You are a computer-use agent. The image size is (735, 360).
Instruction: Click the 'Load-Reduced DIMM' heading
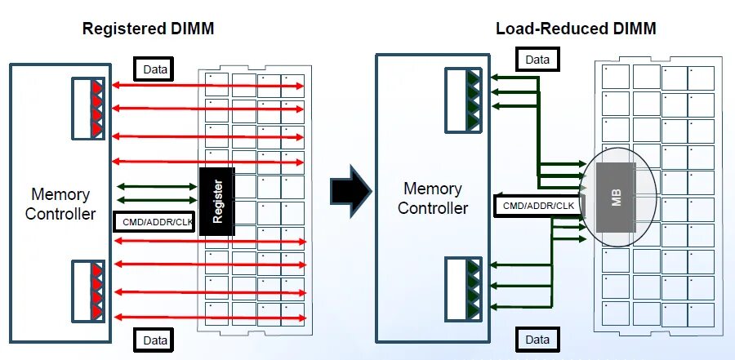point(576,29)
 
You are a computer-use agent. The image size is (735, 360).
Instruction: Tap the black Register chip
point(217,202)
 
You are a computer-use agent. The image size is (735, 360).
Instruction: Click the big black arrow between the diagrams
point(350,190)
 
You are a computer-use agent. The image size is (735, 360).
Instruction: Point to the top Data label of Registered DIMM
point(154,70)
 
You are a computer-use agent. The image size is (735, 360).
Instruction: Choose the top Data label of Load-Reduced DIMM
point(537,60)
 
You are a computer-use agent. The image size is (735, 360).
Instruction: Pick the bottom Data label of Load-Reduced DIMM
point(537,339)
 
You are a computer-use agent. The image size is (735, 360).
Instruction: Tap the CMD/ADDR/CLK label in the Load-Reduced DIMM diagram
point(537,206)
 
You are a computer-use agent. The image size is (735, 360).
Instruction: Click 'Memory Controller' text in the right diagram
point(433,198)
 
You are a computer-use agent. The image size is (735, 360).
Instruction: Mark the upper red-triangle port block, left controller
point(87,107)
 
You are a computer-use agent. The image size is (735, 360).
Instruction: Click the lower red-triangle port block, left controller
point(87,290)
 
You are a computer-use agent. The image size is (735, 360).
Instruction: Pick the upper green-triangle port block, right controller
point(463,100)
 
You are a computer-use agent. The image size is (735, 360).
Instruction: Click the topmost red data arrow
point(208,85)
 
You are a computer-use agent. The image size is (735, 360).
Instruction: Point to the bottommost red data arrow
point(208,317)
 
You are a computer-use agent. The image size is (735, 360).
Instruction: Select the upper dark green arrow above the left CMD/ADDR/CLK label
point(157,186)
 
